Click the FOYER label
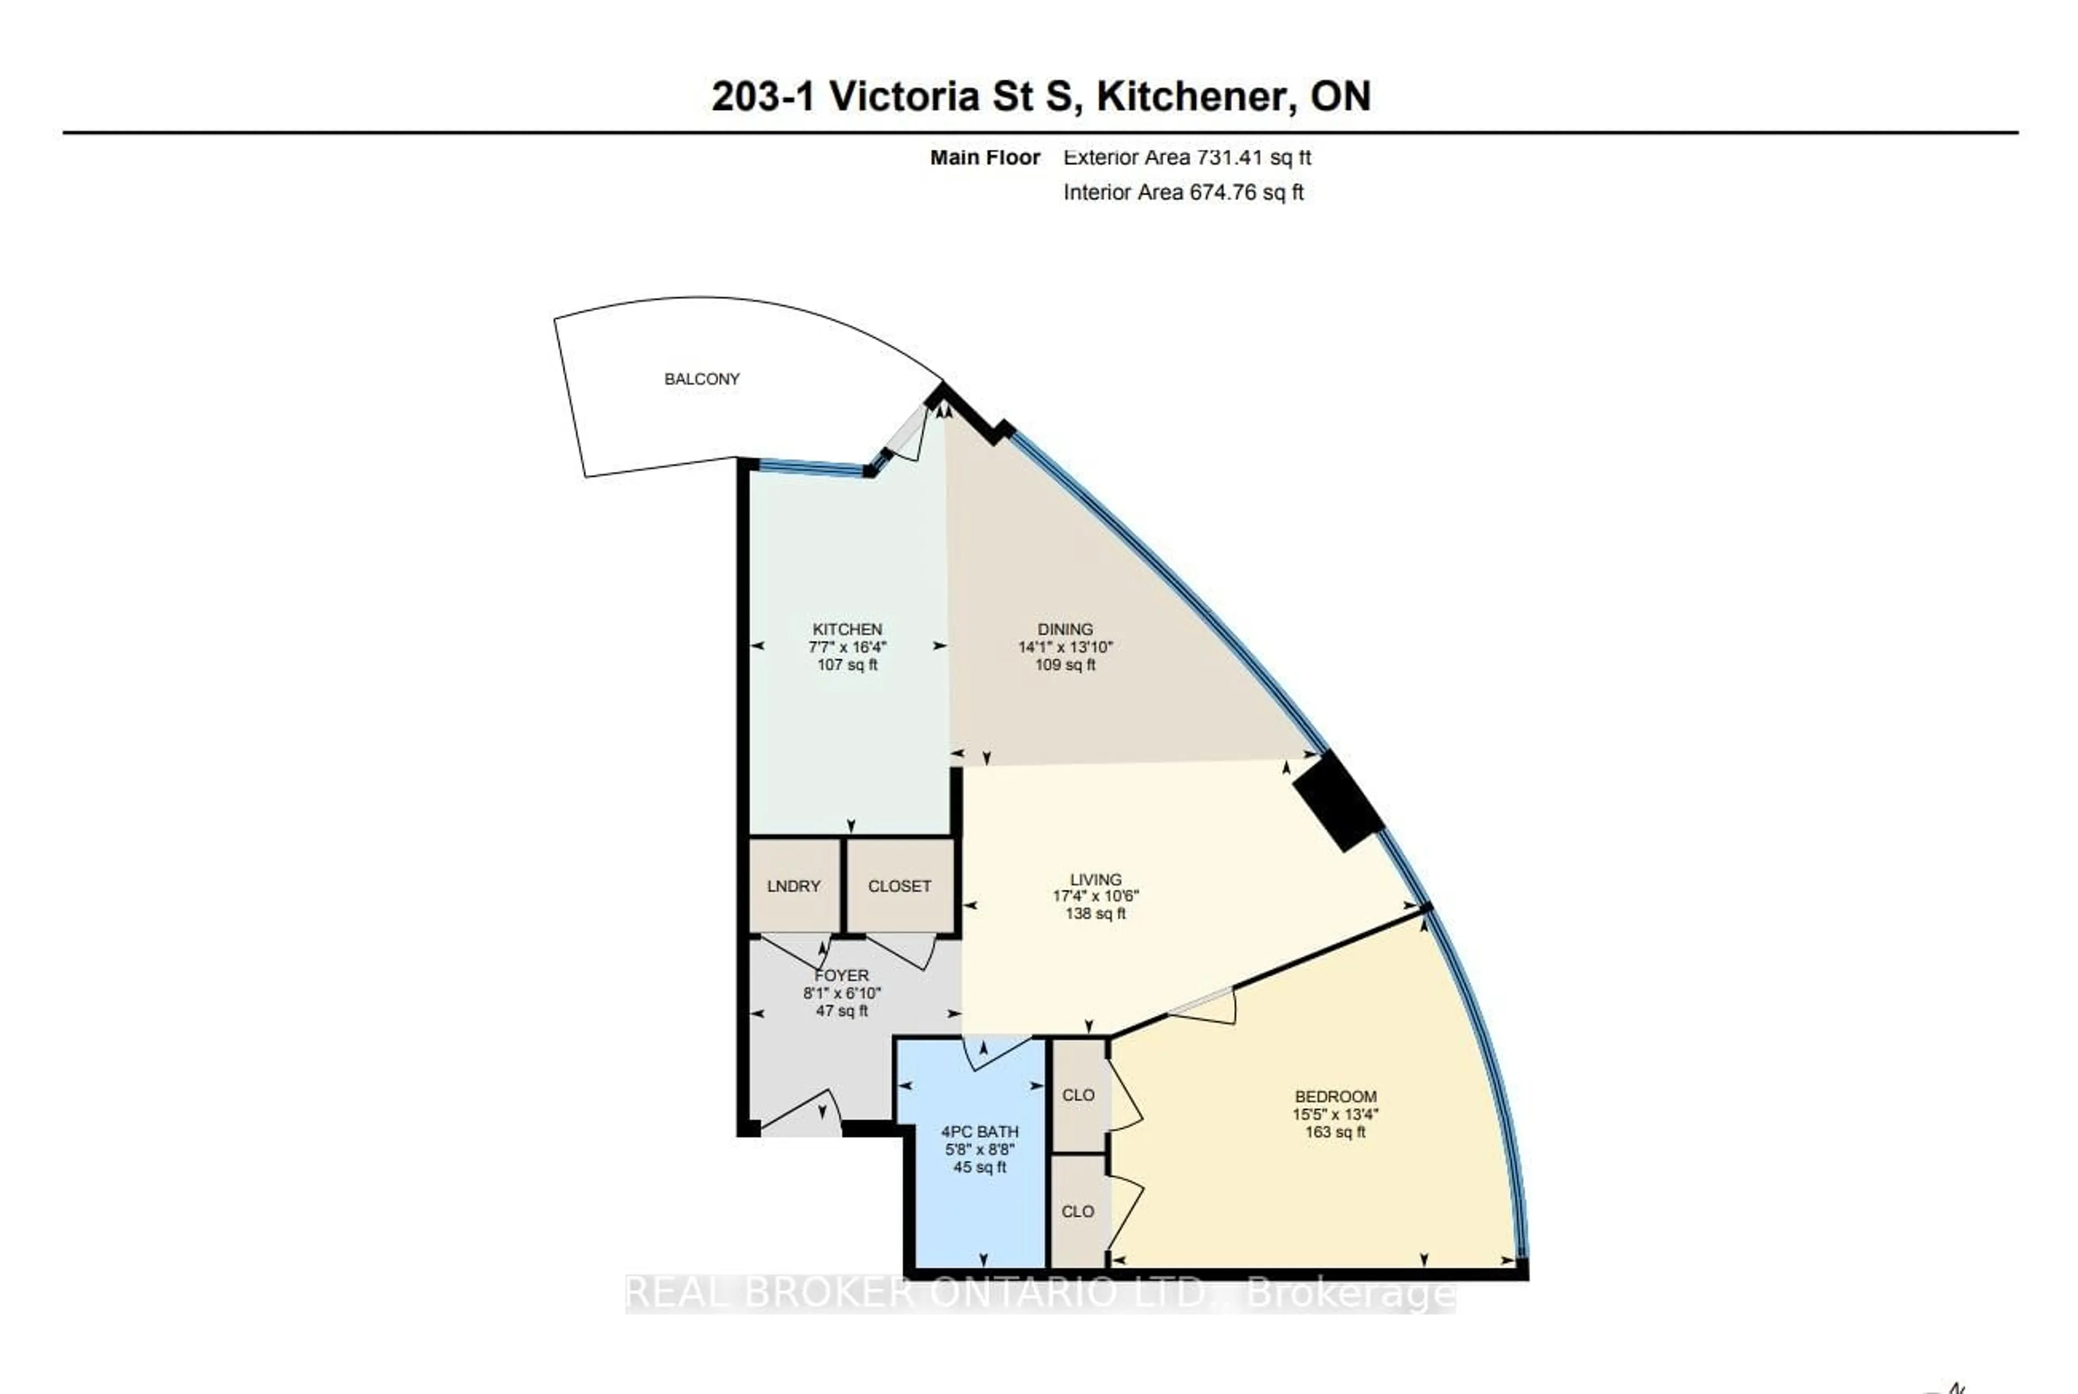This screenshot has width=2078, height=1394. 841,975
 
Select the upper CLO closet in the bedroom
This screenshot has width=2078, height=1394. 1077,1095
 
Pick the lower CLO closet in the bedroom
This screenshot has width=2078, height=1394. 1077,1212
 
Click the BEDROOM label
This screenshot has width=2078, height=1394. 1335,1096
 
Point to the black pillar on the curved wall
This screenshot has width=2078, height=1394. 1337,800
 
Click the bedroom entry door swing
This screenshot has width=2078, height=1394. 1204,1009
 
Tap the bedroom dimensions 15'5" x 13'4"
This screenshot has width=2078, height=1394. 1335,1114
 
